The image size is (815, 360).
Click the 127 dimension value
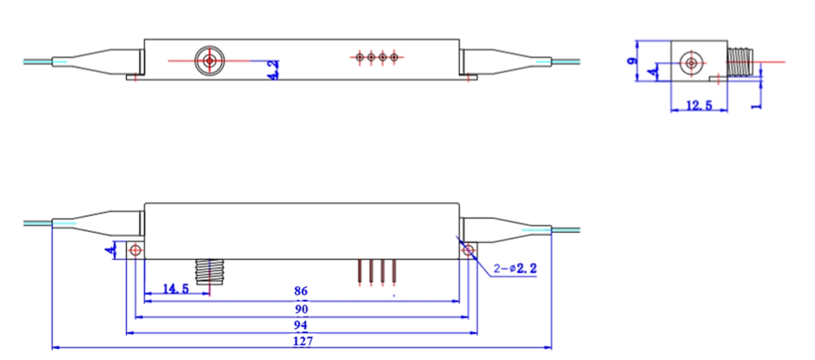[x=303, y=341]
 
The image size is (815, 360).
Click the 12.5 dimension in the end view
[x=698, y=106]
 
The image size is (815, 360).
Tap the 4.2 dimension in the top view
[x=273, y=70]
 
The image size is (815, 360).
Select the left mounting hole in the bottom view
[x=135, y=250]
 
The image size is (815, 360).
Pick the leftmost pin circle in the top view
[x=360, y=58]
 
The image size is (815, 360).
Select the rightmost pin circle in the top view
[x=393, y=58]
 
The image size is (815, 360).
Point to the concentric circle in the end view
[x=693, y=64]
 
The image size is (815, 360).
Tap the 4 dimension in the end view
[x=651, y=74]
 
